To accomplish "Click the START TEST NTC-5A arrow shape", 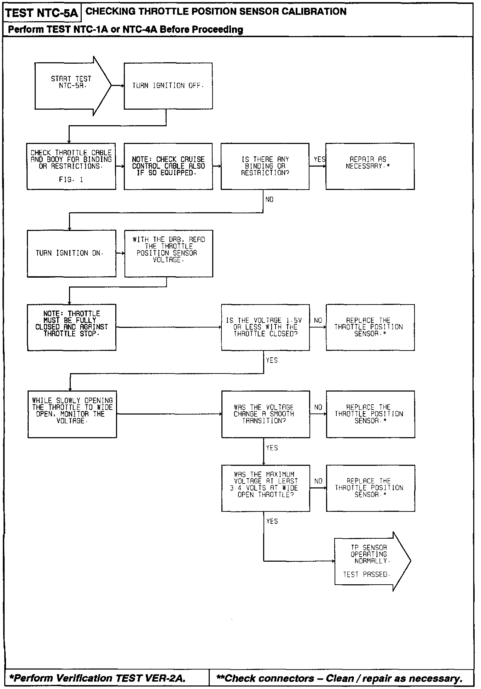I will (71, 86).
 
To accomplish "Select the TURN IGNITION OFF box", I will (168, 86).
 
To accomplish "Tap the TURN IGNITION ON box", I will (71, 253).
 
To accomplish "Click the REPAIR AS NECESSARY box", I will (370, 166).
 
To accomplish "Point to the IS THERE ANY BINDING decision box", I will (265, 166).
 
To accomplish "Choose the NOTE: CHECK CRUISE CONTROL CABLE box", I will (168, 166).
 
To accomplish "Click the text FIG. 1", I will (71, 180).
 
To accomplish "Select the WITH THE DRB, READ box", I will (168, 253).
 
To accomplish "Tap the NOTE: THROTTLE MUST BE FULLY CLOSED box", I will (71, 327).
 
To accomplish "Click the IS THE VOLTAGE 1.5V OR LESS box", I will (265, 327).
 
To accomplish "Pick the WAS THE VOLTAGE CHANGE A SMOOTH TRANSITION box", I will (266, 414).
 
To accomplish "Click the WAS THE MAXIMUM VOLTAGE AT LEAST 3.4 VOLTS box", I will (266, 488).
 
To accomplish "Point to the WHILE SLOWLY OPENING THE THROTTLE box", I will (72, 414).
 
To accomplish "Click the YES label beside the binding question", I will (319, 160).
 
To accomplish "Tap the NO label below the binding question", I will (270, 200).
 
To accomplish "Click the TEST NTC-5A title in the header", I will (42, 13).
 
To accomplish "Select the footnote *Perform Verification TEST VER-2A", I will (97, 678).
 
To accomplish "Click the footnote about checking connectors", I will (339, 678).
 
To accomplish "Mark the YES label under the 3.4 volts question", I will (272, 521).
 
